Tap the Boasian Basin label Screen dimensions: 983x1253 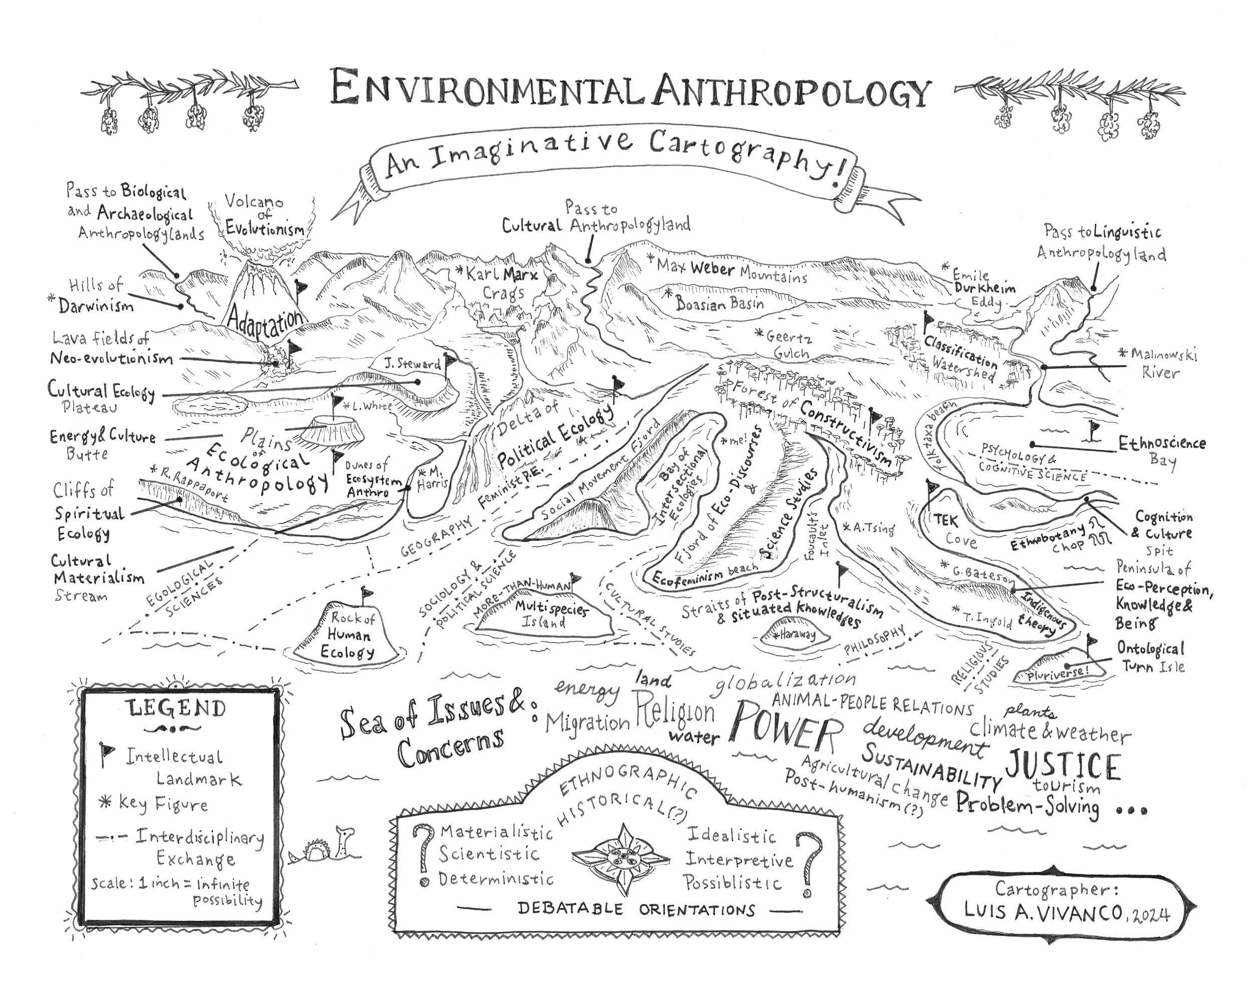[720, 303]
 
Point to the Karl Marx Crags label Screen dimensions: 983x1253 [502, 283]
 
